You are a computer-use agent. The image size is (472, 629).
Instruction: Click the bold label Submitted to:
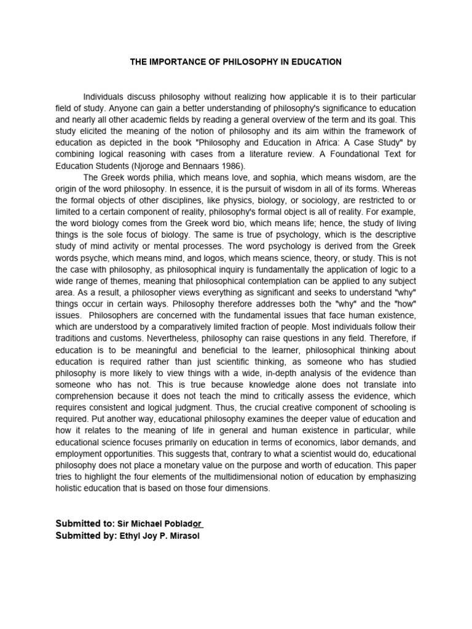(85, 523)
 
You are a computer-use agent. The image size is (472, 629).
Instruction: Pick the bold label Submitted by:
(85, 536)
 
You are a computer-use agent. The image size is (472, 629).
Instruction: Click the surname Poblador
(184, 523)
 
